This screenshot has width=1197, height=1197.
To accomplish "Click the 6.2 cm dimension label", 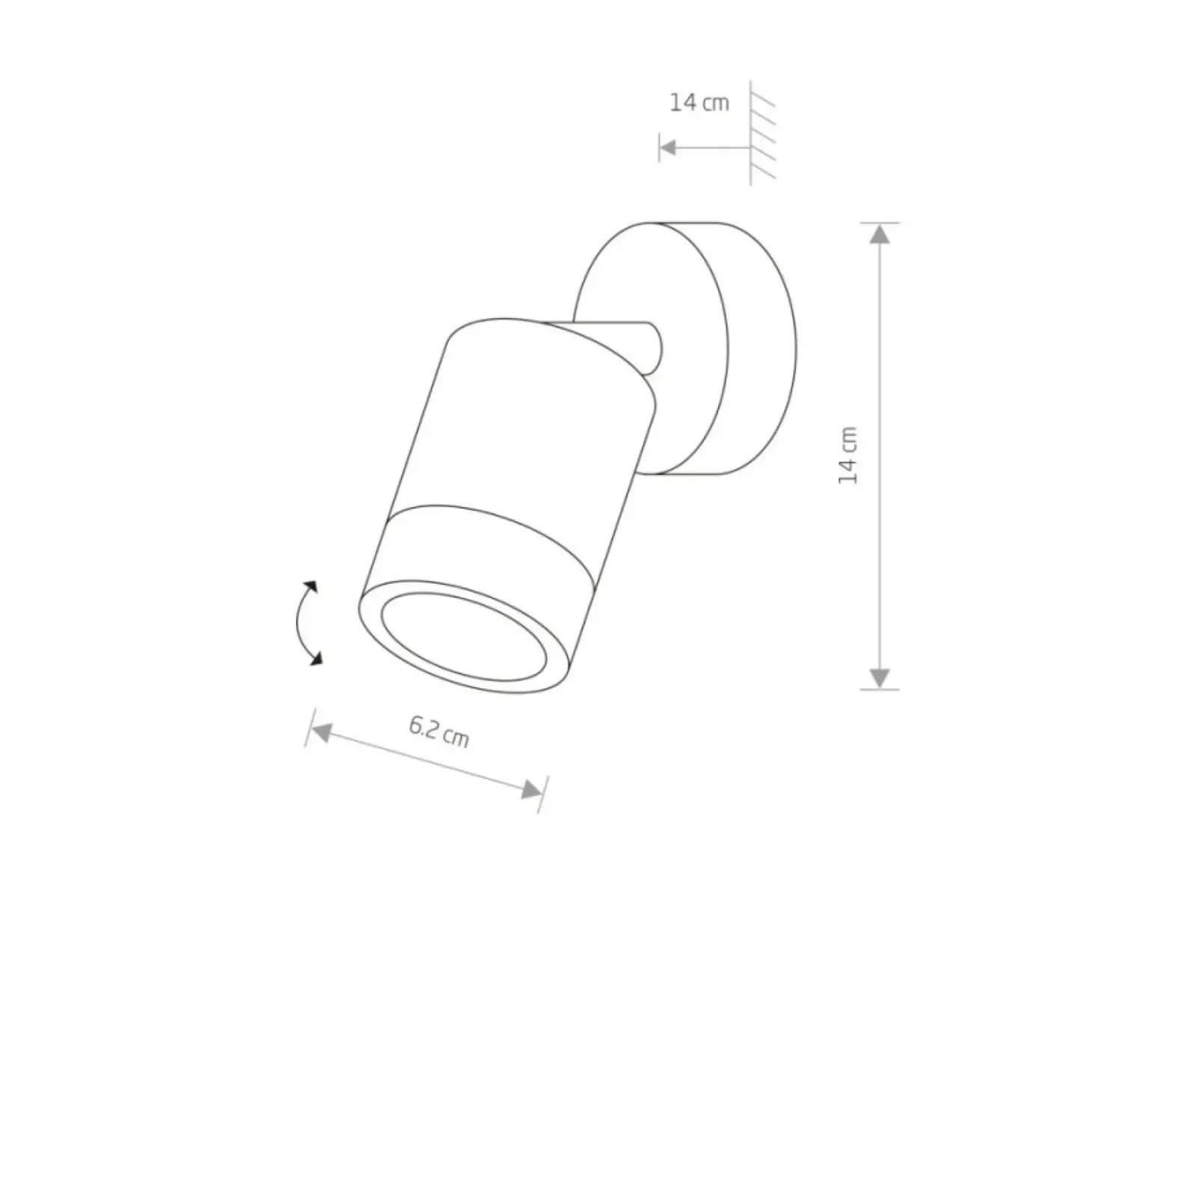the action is (439, 732).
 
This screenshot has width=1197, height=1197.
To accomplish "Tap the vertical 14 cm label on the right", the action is (848, 456).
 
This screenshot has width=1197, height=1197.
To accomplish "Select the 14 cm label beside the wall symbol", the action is (699, 102).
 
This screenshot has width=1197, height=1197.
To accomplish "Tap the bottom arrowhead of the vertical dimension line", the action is (880, 679).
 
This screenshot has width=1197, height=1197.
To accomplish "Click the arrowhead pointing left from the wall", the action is (667, 147).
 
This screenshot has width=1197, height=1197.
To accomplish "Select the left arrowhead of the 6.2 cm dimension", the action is (321, 732).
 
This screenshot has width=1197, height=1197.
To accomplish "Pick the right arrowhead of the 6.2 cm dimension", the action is (530, 790).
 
